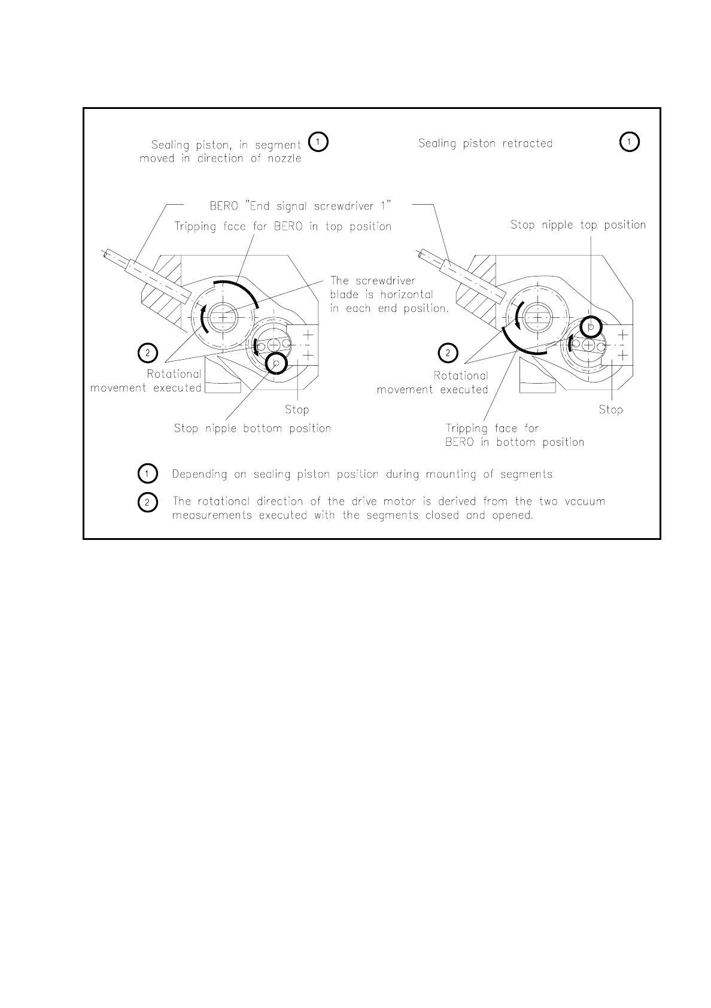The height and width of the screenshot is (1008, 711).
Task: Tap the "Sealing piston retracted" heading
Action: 485,144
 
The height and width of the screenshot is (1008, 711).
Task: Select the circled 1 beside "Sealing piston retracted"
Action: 629,142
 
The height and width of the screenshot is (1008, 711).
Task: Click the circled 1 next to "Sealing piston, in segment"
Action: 317,142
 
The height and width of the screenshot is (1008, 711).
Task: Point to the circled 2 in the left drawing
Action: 147,353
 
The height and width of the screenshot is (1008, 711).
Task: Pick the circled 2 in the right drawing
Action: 448,353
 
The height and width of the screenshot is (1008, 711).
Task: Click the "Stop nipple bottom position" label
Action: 252,429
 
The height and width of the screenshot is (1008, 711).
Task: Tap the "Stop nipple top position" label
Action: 578,225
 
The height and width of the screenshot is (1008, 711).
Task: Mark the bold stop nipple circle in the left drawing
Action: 276,362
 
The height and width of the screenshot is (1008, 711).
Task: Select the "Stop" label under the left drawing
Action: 297,410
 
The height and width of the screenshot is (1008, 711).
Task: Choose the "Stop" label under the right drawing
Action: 610,410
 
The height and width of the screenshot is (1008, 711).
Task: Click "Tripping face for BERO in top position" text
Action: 282,227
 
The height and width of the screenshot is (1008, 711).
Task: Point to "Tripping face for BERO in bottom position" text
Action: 514,436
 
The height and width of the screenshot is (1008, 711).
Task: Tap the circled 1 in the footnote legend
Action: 147,474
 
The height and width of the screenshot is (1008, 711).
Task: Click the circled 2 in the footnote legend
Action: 147,502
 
